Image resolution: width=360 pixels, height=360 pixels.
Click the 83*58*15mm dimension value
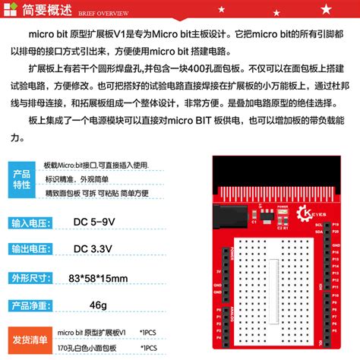[97, 278]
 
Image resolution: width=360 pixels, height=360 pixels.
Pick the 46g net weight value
[98, 305]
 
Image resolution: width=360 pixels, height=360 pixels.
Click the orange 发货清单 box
[28, 338]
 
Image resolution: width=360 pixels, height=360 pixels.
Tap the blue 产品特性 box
[22, 180]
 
